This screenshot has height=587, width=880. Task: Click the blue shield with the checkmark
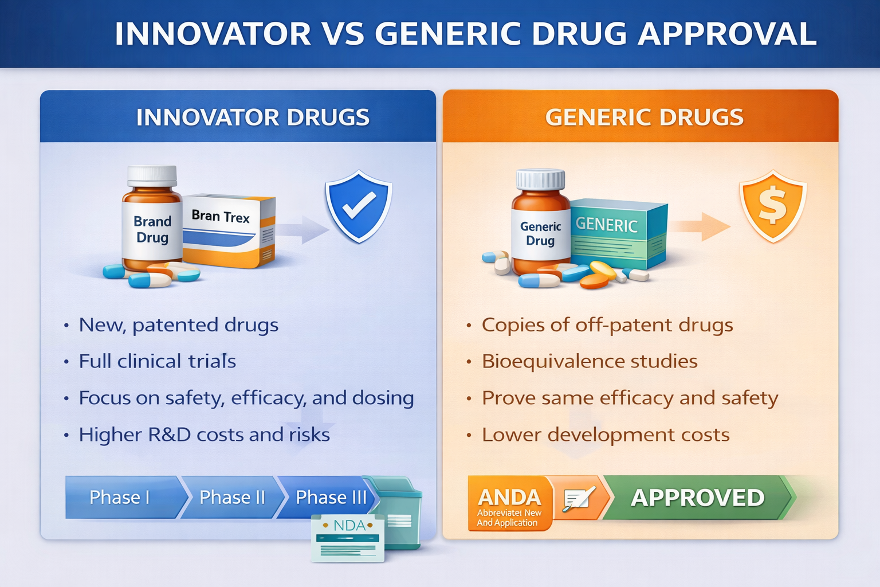tap(358, 206)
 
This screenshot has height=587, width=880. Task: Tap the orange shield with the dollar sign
tap(773, 206)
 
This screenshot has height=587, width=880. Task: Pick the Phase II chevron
tap(233, 498)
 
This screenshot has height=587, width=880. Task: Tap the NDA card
tap(348, 538)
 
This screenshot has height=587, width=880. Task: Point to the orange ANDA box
tap(510, 504)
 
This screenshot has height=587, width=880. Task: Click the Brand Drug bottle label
tap(152, 230)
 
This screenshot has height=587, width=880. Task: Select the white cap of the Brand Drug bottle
tap(152, 176)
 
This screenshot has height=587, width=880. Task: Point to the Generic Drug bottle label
tap(541, 234)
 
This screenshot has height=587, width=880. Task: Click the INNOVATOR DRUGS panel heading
tap(253, 117)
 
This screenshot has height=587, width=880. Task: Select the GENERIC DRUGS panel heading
tap(645, 117)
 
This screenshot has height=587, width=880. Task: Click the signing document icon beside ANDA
tap(579, 498)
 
